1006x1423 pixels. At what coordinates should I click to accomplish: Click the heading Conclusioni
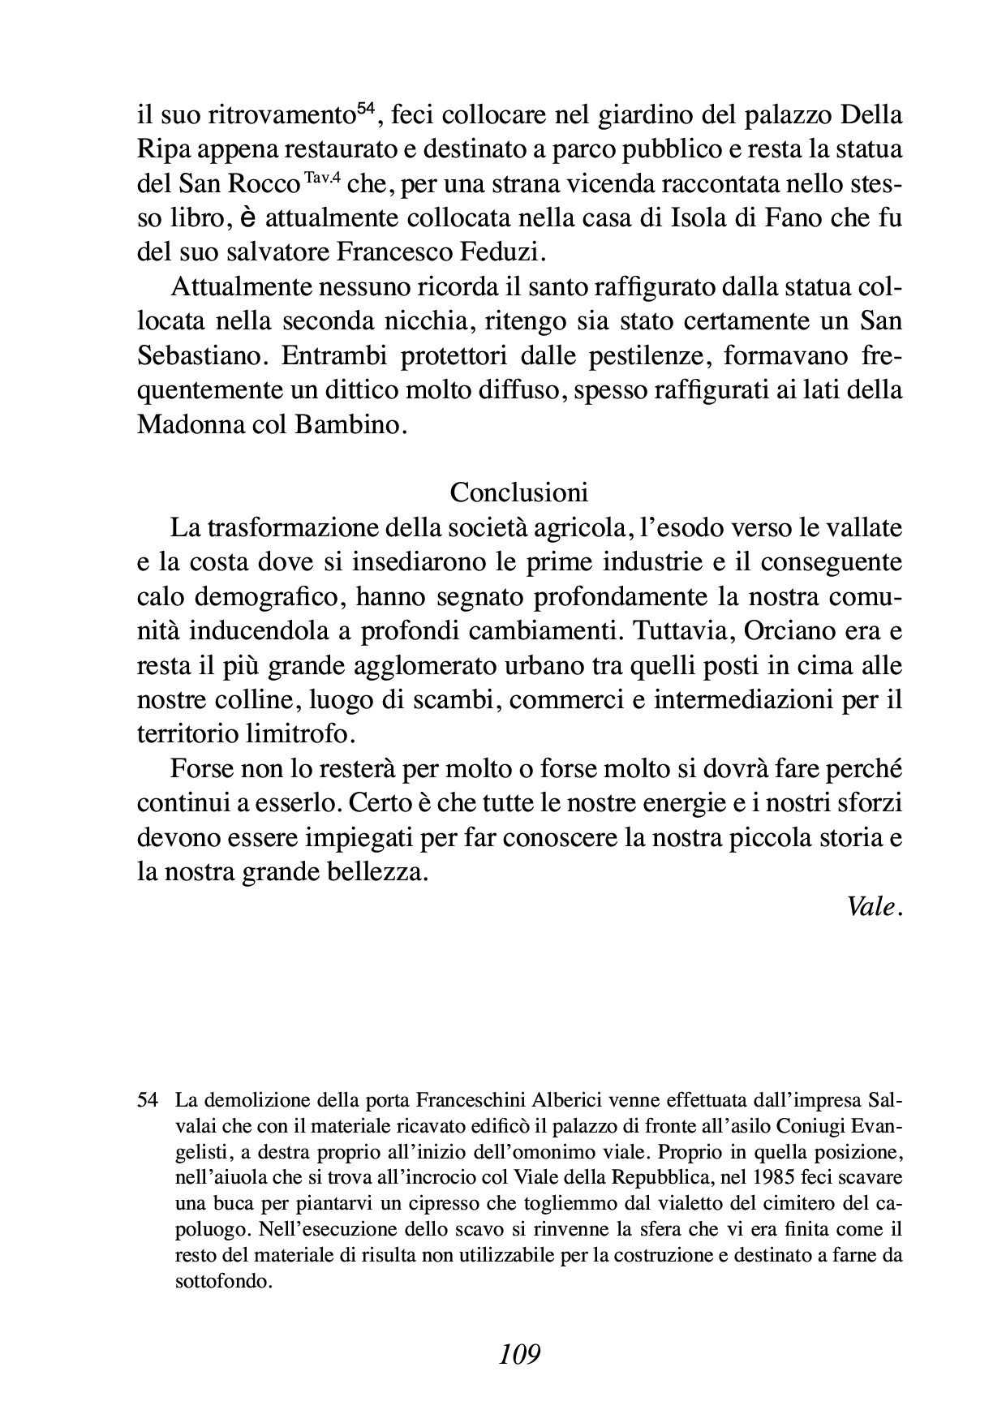pyautogui.click(x=519, y=492)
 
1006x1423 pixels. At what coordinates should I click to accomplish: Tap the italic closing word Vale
pyautogui.click(x=874, y=906)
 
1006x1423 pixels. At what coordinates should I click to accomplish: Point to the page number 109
pyautogui.click(x=520, y=1354)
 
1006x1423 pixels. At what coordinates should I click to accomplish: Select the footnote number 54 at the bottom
pyautogui.click(x=147, y=1101)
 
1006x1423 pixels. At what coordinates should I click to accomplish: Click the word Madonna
pyautogui.click(x=188, y=424)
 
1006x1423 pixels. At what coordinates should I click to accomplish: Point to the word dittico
pyautogui.click(x=363, y=390)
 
